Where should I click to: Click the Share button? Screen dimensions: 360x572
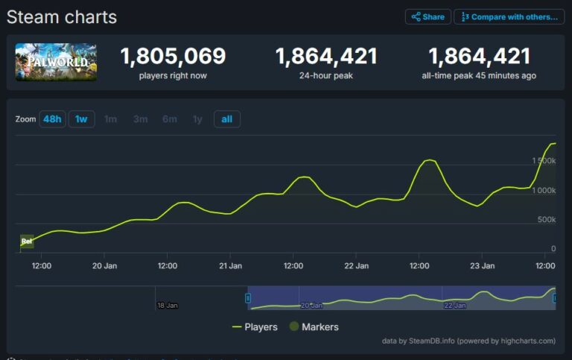(428, 16)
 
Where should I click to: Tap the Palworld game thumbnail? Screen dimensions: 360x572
(56, 62)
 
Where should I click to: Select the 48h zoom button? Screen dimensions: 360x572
(52, 119)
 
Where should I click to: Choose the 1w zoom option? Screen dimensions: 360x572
(81, 119)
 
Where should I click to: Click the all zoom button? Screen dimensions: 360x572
(227, 119)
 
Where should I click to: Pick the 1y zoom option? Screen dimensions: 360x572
(197, 119)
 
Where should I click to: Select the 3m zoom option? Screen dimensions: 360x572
(140, 119)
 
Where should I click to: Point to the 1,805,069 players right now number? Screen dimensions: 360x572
(173, 57)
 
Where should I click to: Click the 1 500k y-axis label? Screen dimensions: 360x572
(543, 161)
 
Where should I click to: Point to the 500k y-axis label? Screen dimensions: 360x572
(547, 219)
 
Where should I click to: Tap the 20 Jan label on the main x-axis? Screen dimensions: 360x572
(104, 265)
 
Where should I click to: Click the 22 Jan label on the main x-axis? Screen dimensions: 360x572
(356, 265)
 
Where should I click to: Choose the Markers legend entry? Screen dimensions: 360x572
(312, 326)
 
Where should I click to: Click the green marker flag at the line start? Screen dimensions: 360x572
(27, 241)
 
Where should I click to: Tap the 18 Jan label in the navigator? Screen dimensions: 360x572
(168, 306)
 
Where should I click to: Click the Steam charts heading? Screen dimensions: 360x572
(62, 16)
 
